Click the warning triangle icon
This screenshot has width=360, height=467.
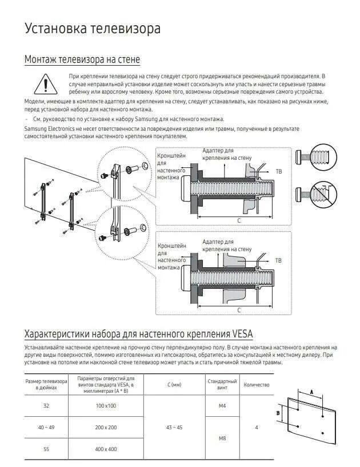43,84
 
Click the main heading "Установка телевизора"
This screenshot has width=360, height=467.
92,29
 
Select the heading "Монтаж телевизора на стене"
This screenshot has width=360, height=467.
82,59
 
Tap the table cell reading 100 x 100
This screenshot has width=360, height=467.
106,405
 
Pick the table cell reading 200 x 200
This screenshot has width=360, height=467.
106,427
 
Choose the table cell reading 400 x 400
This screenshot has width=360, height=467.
106,449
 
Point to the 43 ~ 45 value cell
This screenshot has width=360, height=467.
174,427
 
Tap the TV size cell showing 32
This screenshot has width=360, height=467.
46,405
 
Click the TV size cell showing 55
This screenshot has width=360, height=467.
46,449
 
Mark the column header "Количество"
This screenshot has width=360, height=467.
257,385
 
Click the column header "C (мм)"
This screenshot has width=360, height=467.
174,385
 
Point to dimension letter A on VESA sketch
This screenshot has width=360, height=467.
311,392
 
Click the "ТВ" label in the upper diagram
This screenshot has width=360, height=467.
279,171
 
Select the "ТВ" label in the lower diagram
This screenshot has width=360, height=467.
279,260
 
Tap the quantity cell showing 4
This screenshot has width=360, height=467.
257,427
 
